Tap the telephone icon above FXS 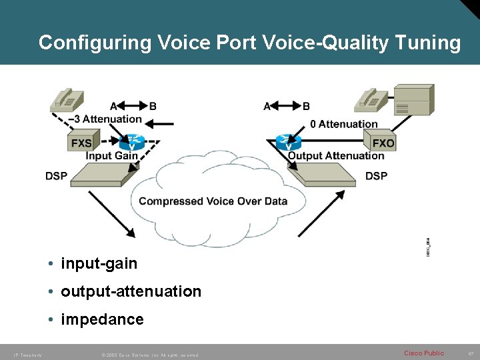pyautogui.click(x=67, y=99)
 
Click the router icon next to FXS pyautogui.click(x=133, y=142)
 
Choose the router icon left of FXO pyautogui.click(x=289, y=142)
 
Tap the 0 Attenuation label pyautogui.click(x=344, y=123)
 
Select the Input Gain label pyautogui.click(x=111, y=156)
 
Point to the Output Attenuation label pyautogui.click(x=336, y=156)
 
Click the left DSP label pyautogui.click(x=56, y=176)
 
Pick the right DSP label pyautogui.click(x=376, y=176)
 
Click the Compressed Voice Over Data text pyautogui.click(x=213, y=201)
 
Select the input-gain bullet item pyautogui.click(x=99, y=264)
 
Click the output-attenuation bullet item pyautogui.click(x=131, y=291)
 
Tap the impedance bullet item pyautogui.click(x=102, y=319)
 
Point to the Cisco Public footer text pyautogui.click(x=423, y=353)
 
